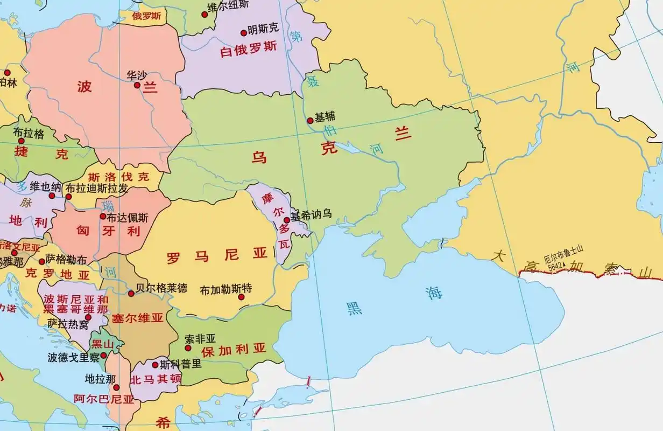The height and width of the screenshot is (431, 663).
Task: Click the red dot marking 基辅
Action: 310,121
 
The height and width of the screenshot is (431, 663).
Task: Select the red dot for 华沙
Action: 137,85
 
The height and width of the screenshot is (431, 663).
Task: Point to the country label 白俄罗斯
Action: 249,48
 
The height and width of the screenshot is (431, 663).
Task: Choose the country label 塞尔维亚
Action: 137,318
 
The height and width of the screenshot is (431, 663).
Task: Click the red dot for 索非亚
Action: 188,348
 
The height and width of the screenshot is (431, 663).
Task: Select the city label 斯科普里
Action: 181,363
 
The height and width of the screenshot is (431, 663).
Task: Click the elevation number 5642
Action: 555,266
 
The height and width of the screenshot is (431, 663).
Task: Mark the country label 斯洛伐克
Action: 118,176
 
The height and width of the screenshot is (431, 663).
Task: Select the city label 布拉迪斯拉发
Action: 96,189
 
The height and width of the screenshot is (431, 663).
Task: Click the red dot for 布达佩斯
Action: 103,216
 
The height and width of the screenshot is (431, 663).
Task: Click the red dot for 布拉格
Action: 22,141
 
